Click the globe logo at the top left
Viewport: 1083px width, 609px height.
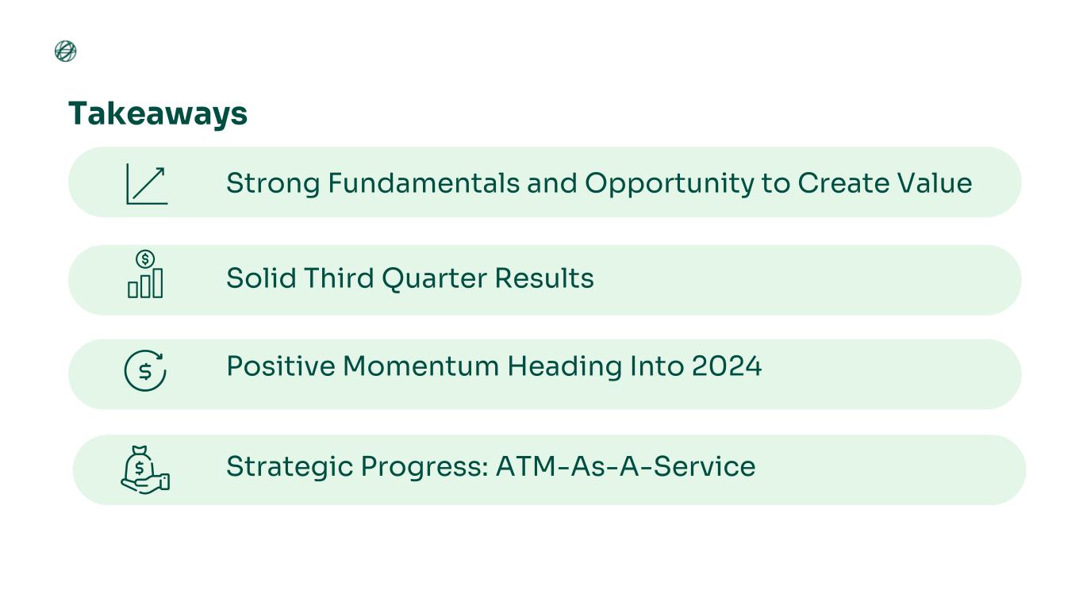click(x=65, y=52)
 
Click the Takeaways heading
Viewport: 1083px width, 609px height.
click(x=158, y=114)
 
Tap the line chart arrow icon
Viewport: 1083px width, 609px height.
click(x=147, y=184)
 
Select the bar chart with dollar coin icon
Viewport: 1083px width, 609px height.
click(x=145, y=274)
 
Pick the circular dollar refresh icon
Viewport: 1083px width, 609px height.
click(x=145, y=370)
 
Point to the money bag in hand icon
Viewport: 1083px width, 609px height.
click(x=145, y=469)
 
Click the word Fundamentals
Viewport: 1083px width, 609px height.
click(x=424, y=183)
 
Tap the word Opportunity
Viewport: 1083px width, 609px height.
click(x=669, y=184)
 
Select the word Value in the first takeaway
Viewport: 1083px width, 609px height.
click(x=935, y=183)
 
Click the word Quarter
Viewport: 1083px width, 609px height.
click(x=434, y=279)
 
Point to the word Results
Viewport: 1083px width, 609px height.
click(x=544, y=278)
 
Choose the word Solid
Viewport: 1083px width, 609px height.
click(x=261, y=278)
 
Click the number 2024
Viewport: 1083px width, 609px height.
click(x=727, y=366)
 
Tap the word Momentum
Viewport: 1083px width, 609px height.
click(x=421, y=366)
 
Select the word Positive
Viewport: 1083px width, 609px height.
click(x=280, y=366)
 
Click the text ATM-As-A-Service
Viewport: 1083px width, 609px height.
click(x=626, y=466)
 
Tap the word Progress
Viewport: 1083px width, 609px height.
click(x=424, y=467)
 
